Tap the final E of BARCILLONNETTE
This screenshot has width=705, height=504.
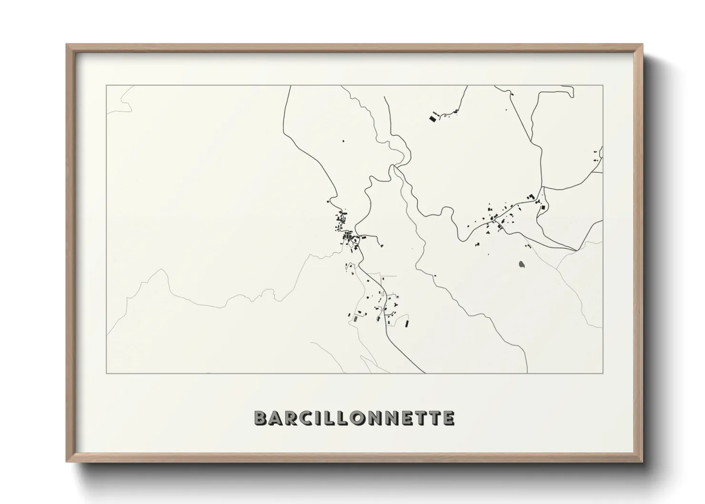point(448,418)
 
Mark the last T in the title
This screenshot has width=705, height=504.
point(434,418)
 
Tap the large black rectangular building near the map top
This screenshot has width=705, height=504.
point(433,118)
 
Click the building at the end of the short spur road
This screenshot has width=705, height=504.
point(382,245)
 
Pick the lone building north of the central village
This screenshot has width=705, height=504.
point(342,141)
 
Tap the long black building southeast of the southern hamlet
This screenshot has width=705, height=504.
point(407,323)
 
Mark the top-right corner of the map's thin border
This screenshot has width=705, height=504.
point(603,85)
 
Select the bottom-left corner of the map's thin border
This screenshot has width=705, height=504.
point(107,373)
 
